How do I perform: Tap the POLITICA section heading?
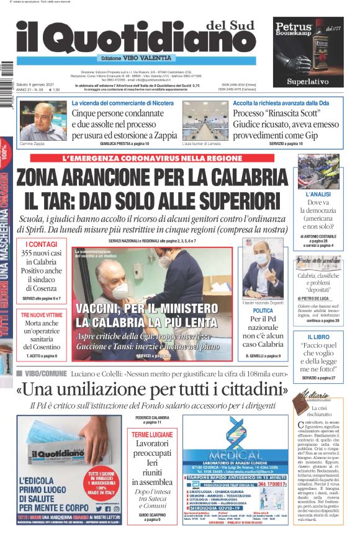[x=263, y=310]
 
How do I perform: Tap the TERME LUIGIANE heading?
[x=152, y=435]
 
